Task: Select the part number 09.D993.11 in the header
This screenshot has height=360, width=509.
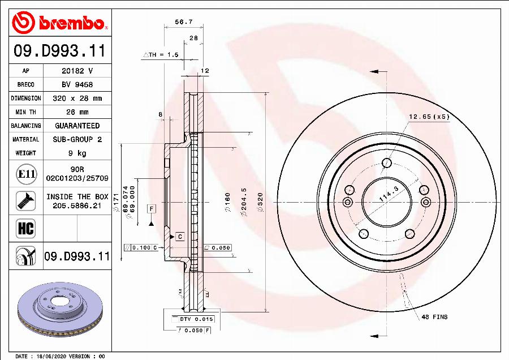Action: pyautogui.click(x=60, y=52)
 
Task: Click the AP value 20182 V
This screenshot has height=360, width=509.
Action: pyautogui.click(x=77, y=71)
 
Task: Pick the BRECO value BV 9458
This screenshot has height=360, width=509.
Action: pyautogui.click(x=77, y=85)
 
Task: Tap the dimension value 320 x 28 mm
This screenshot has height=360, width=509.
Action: pyautogui.click(x=77, y=98)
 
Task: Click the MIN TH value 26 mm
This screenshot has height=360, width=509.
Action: pyautogui.click(x=77, y=112)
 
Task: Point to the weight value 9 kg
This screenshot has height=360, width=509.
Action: pyautogui.click(x=77, y=153)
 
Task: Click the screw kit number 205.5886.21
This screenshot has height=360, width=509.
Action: pyautogui.click(x=77, y=206)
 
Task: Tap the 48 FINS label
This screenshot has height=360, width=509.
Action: pyautogui.click(x=434, y=317)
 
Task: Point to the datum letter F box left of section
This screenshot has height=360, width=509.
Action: pyautogui.click(x=152, y=209)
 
